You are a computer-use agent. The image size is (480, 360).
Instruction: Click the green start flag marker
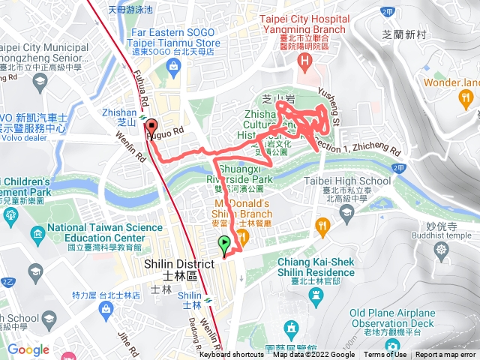click(x=223, y=244)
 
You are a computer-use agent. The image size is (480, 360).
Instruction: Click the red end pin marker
click(x=151, y=127)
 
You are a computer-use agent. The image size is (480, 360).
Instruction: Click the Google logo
click(x=28, y=349)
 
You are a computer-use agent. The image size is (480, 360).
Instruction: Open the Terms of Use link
click(x=385, y=355)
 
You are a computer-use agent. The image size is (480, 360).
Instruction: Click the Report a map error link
click(x=447, y=355)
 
